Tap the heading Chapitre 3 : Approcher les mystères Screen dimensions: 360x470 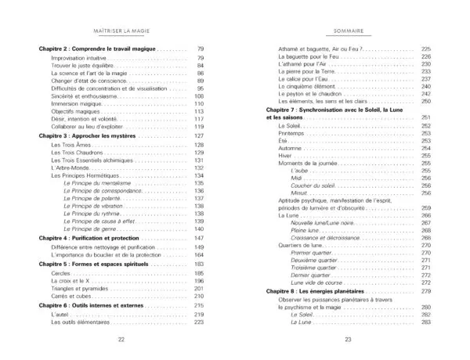pos(86,135)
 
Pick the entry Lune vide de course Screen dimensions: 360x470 pos(316,283)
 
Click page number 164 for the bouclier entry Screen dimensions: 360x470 pos(198,254)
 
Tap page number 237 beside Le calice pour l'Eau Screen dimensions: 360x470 pos(426,78)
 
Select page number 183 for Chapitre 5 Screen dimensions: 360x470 pos(198,264)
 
